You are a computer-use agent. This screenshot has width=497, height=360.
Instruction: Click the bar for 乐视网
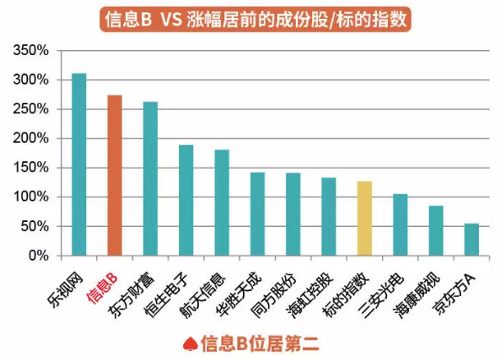tap(79, 164)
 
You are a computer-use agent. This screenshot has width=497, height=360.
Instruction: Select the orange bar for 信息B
tap(114, 175)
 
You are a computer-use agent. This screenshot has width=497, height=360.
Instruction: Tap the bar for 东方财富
tap(150, 178)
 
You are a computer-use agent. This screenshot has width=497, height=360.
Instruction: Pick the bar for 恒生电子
tap(186, 200)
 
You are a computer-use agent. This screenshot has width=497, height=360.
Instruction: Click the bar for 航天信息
tap(222, 202)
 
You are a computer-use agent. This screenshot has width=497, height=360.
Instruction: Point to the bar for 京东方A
tap(472, 239)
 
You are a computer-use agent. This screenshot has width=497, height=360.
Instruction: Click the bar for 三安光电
tap(400, 224)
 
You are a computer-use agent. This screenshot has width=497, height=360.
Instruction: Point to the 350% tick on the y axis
tap(33, 51)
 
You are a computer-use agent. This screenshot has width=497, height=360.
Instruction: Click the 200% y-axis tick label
tap(33, 138)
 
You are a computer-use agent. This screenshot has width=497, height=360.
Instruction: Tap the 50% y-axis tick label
tap(36, 226)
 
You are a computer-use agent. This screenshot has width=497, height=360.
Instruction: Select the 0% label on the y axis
tap(39, 256)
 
